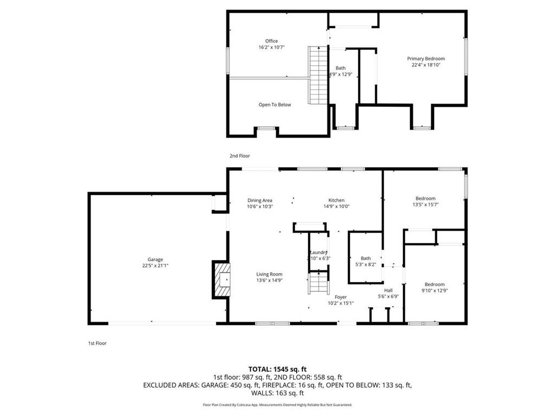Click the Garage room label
coord(155,259)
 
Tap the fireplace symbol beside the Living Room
coord(221,279)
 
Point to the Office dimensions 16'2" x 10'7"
coord(272,48)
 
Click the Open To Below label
coord(274,105)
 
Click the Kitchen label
coord(336,200)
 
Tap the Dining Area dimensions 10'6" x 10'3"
coord(260,206)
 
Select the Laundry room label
coord(318,252)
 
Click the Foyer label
coord(340,297)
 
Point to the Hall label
coord(388,290)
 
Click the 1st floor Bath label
coord(366,258)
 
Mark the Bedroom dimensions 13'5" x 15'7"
coord(425,205)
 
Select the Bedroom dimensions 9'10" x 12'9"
coord(434,291)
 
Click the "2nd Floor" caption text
coord(240,155)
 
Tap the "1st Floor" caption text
coord(98,343)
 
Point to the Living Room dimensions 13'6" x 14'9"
coord(269,281)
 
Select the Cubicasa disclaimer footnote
coord(277,405)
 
